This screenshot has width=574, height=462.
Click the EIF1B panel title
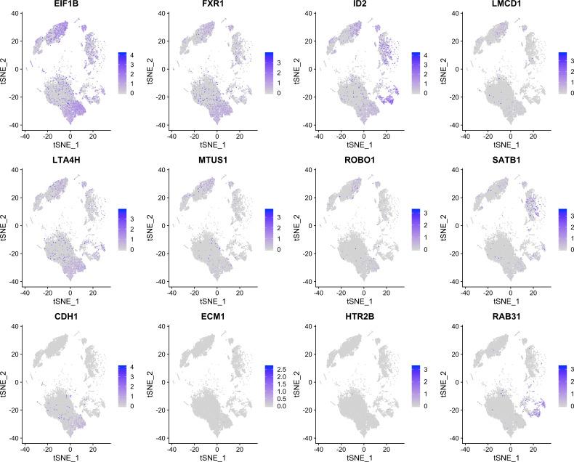coord(68,6)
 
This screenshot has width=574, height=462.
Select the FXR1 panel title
coord(214,6)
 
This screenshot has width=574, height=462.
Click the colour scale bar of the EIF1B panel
coord(121,73)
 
